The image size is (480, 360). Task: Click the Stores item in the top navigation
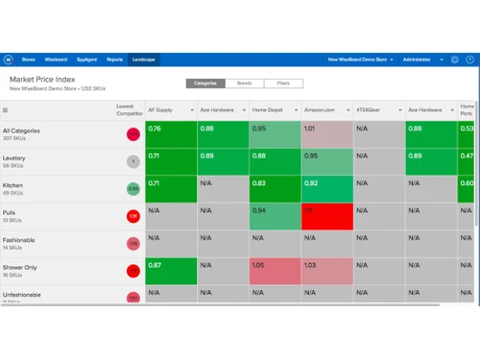(29, 60)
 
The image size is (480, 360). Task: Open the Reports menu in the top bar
(114, 60)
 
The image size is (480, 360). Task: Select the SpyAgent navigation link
(86, 60)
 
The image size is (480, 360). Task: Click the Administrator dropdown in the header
(420, 60)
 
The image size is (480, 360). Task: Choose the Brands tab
(244, 84)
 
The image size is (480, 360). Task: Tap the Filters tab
(283, 84)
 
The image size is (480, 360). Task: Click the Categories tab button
(204, 84)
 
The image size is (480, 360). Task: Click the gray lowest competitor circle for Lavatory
(132, 162)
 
